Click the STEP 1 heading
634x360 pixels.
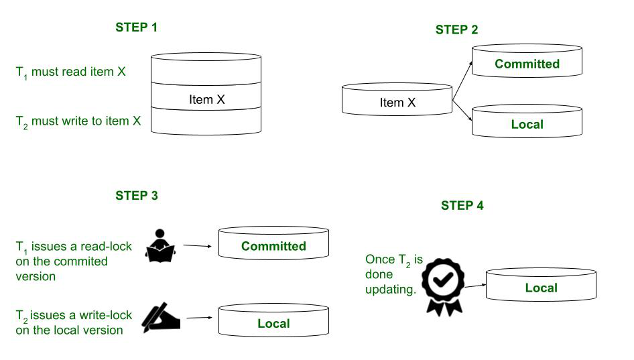tap(137, 28)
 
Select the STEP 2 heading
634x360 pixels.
tap(456, 29)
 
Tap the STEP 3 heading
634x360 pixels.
tap(137, 196)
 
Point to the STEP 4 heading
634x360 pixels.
tap(462, 206)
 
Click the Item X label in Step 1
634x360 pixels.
tap(206, 100)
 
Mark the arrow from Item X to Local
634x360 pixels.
tap(463, 111)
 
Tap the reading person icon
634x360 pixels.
tap(161, 246)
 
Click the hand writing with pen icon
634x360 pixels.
tap(162, 318)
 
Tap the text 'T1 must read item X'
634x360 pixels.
tap(70, 72)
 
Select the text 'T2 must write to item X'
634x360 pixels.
tap(78, 122)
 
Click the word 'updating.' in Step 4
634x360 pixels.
tap(391, 290)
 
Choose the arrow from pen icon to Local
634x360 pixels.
tap(200, 318)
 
